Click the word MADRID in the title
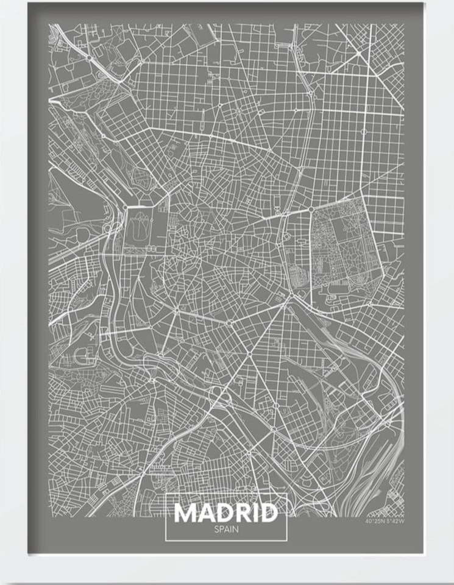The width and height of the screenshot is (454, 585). click(x=226, y=513)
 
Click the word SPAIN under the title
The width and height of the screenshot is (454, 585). click(x=226, y=529)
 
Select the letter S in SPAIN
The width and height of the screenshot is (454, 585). click(x=216, y=529)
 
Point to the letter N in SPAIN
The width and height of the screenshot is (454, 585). click(x=236, y=529)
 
